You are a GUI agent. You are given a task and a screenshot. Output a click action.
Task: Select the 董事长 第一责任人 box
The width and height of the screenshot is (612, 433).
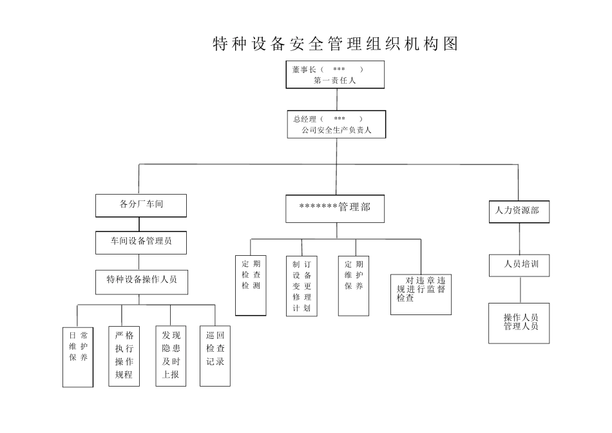[x=335, y=74]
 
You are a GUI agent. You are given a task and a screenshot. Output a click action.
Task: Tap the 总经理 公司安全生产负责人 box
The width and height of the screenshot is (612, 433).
[x=336, y=124]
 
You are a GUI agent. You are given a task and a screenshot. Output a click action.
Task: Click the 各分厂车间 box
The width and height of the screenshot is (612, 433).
[x=141, y=205]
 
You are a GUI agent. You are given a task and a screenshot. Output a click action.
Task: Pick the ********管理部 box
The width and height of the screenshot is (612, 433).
[x=335, y=208]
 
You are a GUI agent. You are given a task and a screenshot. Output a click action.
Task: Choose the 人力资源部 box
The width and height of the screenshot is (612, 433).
[x=519, y=211]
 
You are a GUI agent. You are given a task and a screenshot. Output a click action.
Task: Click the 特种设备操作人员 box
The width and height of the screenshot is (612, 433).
[x=141, y=280]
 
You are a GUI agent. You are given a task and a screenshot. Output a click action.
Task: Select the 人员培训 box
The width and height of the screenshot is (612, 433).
[x=519, y=265]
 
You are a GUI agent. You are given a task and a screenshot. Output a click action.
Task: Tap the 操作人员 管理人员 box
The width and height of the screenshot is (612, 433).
[x=519, y=323]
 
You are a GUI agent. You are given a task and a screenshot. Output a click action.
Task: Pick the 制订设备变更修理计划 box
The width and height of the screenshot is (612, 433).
[x=301, y=286]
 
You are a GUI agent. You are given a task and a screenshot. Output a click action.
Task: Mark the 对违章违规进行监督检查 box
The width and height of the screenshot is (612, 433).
[x=421, y=294]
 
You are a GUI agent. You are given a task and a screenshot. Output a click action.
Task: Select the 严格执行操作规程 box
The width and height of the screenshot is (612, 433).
[x=124, y=355]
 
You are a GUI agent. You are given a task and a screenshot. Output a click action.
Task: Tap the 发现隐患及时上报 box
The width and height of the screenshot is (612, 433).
[x=171, y=355]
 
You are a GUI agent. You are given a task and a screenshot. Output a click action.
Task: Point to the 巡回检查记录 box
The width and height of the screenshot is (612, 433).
[x=215, y=355]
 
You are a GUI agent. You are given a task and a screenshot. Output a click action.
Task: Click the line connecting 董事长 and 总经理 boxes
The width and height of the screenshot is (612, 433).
[x=336, y=99]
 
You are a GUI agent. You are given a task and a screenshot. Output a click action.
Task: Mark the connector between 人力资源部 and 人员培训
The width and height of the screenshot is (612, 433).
[x=519, y=238]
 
